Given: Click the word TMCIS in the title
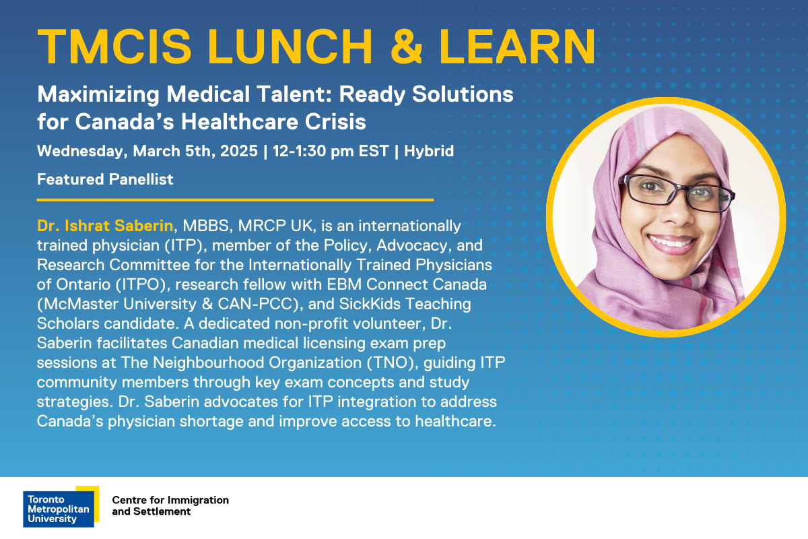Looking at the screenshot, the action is [x=114, y=46].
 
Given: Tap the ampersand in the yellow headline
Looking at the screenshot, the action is [x=406, y=46].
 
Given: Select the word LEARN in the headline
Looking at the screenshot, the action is [x=517, y=46].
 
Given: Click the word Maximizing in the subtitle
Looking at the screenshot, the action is [x=98, y=95].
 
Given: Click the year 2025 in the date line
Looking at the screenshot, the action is [x=239, y=151].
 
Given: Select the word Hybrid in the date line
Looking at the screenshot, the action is [x=428, y=152].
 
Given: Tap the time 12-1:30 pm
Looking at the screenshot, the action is [x=313, y=152].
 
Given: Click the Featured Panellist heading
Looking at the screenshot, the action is [x=105, y=179].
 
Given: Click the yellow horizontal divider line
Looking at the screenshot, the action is [x=235, y=199].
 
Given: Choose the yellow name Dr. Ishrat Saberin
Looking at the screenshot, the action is [x=105, y=226].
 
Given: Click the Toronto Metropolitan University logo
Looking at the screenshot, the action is [x=61, y=507].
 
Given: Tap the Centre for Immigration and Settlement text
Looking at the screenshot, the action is [x=170, y=506].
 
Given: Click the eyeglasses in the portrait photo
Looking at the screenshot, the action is [x=676, y=193].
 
